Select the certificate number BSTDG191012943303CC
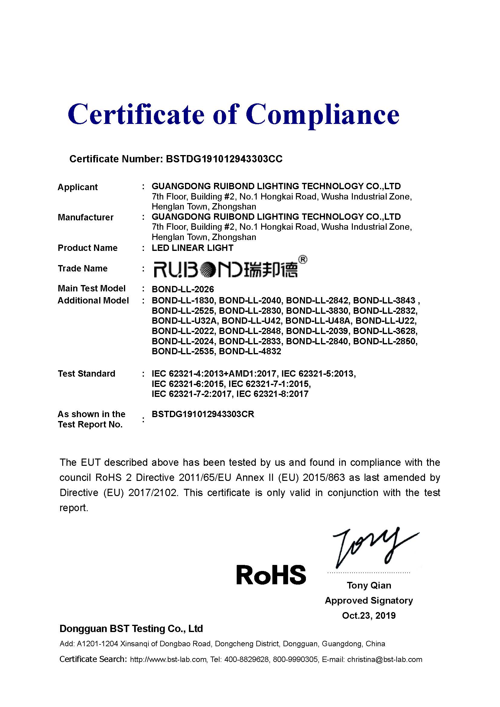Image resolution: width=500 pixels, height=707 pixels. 224,159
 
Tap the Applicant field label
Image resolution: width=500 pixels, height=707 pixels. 78,187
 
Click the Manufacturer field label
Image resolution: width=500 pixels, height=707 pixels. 86,217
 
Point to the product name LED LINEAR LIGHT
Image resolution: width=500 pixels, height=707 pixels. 193,248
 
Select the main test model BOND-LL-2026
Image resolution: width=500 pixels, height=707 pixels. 183,289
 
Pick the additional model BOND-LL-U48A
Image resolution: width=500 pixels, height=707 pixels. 318,321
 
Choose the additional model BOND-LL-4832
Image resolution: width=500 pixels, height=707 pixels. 250,351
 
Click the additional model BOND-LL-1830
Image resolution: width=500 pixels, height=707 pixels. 183,300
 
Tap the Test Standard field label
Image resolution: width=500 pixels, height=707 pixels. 86,374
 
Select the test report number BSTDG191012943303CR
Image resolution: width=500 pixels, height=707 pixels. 203,414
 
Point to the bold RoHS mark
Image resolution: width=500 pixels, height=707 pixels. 271,575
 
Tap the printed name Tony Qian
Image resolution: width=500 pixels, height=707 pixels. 369,585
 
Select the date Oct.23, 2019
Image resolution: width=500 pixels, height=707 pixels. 369,615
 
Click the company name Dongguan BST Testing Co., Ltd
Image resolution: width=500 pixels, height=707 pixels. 131,628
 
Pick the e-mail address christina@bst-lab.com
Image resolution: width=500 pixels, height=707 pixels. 385,659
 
